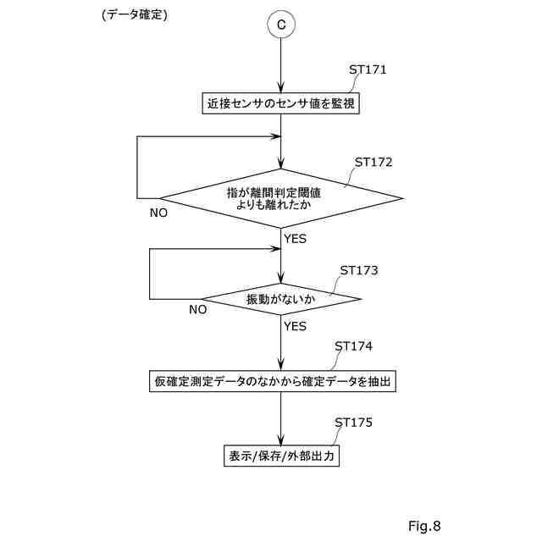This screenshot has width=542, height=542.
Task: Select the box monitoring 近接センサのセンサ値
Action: pyautogui.click(x=280, y=104)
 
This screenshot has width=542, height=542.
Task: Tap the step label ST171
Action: pyautogui.click(x=368, y=69)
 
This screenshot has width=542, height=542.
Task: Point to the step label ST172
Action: pyautogui.click(x=373, y=161)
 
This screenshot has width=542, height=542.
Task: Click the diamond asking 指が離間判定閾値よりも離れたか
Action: pyautogui.click(x=280, y=199)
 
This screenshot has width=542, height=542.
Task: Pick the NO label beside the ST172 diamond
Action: pyautogui.click(x=158, y=213)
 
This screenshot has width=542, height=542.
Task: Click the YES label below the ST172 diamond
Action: pyautogui.click(x=295, y=239)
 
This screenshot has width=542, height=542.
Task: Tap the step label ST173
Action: pyautogui.click(x=358, y=271)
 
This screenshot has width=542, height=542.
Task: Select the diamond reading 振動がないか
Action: pyautogui.click(x=280, y=299)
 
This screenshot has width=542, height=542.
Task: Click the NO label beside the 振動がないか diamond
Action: pyautogui.click(x=197, y=309)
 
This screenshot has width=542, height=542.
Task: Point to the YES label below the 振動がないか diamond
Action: pyautogui.click(x=295, y=325)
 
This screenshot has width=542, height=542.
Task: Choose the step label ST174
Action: pyautogui.click(x=353, y=346)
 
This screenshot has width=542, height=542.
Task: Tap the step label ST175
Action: pyautogui.click(x=353, y=421)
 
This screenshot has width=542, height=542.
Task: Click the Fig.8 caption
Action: pyautogui.click(x=424, y=526)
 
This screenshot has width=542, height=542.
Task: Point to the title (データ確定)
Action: pyautogui.click(x=134, y=14)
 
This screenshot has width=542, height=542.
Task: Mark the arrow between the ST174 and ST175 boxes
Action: pyautogui.click(x=280, y=418)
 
